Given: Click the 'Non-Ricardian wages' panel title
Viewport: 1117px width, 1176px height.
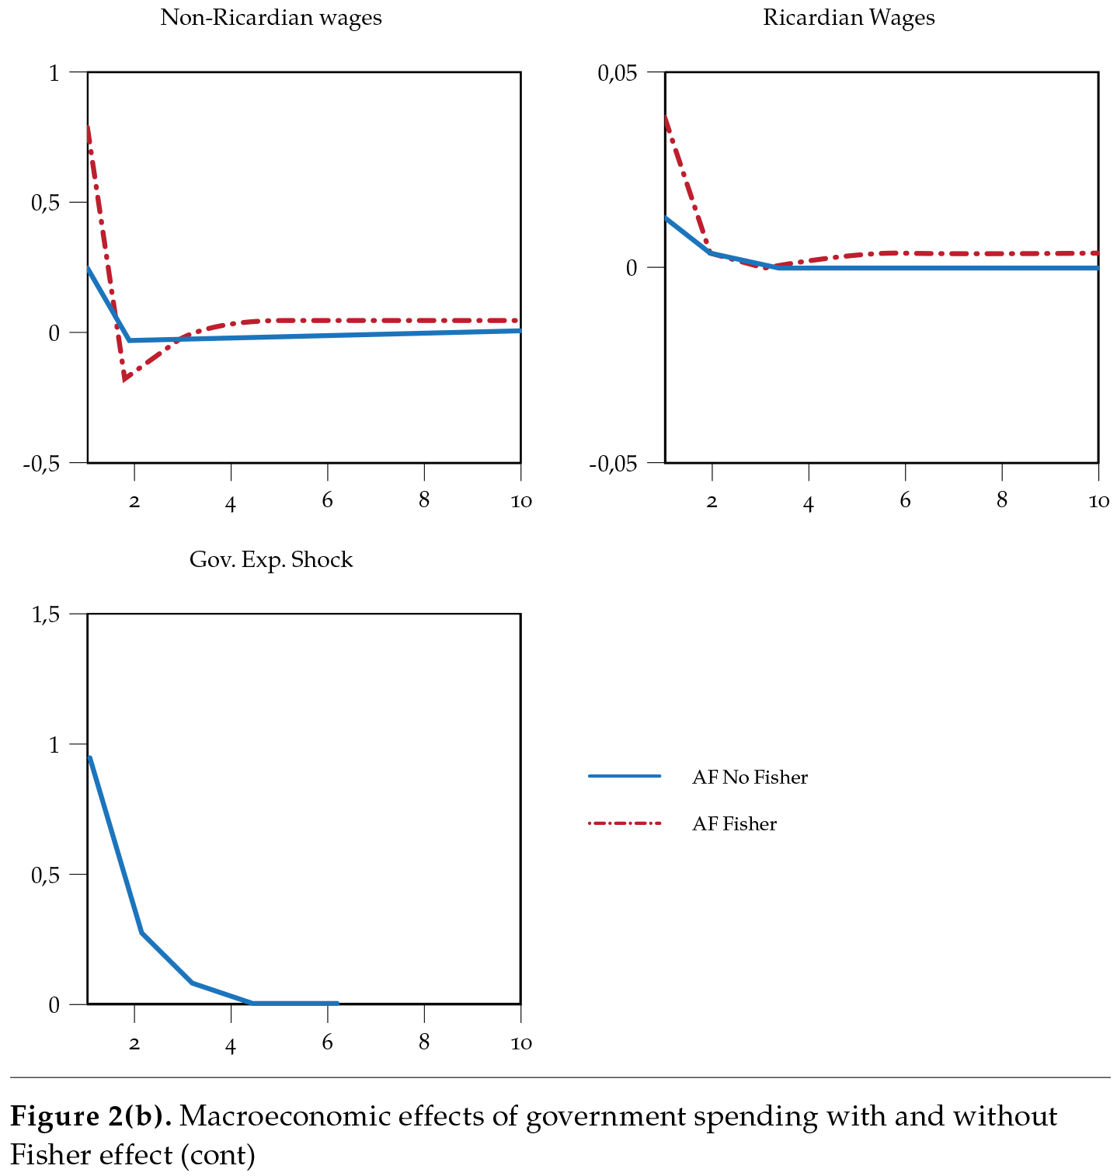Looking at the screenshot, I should (x=270, y=18).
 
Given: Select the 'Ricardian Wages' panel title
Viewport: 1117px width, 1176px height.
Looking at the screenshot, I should (x=848, y=18).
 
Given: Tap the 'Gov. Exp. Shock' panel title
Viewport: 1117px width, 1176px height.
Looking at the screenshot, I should (x=270, y=560).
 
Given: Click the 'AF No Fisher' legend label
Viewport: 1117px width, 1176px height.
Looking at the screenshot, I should (x=749, y=778).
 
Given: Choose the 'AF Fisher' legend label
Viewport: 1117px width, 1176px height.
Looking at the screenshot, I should (x=733, y=824).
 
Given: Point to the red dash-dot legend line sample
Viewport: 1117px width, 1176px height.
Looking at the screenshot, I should (x=625, y=823).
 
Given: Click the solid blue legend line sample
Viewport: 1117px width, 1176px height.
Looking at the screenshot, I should (x=625, y=776).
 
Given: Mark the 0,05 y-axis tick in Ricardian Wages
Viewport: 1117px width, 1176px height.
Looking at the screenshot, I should (x=617, y=73).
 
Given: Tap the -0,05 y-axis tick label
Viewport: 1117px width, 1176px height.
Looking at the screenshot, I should (x=613, y=464).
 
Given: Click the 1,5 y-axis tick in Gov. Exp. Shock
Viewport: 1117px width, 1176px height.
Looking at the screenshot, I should (x=45, y=615).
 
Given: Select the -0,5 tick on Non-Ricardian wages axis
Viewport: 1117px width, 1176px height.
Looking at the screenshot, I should (x=42, y=464).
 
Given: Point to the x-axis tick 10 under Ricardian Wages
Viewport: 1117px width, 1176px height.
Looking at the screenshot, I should (x=1098, y=502).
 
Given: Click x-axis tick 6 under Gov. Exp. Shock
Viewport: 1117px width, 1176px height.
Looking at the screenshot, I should (x=327, y=1042).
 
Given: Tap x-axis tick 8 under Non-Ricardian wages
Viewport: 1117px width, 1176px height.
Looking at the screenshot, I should (x=423, y=501).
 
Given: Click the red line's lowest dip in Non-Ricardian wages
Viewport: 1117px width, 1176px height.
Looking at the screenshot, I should (x=124, y=379).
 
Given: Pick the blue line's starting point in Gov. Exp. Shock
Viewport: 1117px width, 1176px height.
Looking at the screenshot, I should (x=90, y=757).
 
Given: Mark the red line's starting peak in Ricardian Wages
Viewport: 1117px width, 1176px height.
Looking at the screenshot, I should (x=666, y=118).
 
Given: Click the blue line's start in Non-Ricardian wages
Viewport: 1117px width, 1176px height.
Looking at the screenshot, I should (x=89, y=268).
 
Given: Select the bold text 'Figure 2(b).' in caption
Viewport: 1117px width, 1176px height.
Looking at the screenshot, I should (x=91, y=1117).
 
